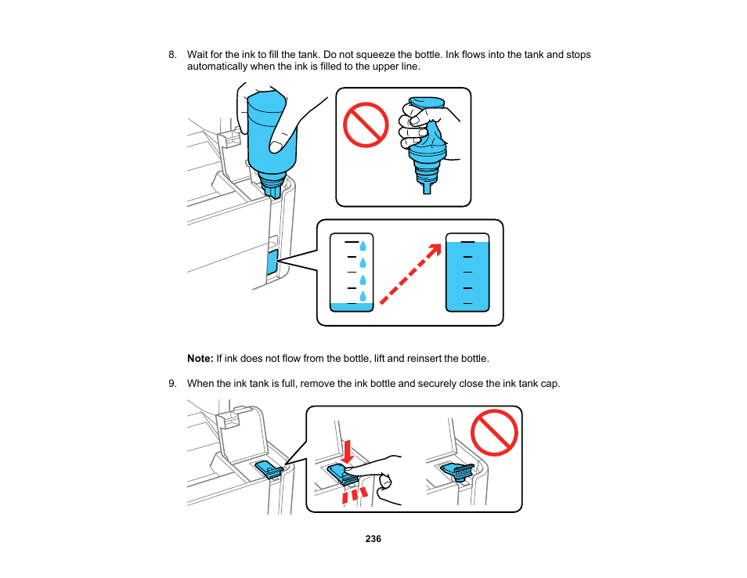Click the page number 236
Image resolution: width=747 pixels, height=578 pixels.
pos(373,539)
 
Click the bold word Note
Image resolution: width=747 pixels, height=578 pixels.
pos(200,359)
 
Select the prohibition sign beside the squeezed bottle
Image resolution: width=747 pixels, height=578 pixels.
pos(366,125)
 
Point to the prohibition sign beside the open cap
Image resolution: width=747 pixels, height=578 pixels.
pos(494,433)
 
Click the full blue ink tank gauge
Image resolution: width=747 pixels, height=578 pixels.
pos(467,273)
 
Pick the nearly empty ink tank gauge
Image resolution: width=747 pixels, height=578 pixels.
pos(352,273)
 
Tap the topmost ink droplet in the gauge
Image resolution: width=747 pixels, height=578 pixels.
pos(363,245)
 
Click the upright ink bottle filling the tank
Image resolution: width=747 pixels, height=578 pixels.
pos(271,137)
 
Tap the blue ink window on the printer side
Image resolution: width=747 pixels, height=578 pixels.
pos(272,263)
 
